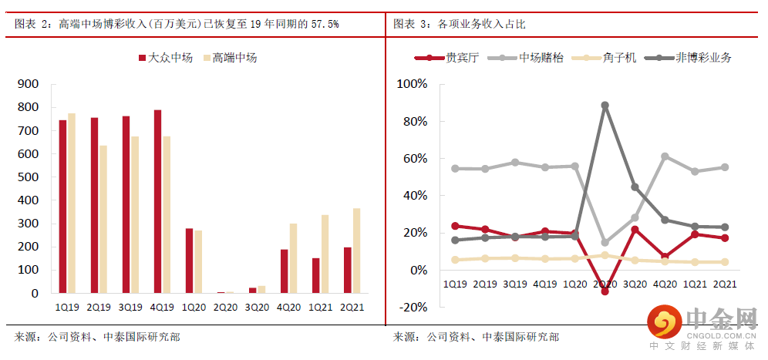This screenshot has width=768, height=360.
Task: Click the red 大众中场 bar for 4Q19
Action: click(157, 202)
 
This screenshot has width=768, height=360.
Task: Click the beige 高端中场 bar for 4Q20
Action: click(293, 258)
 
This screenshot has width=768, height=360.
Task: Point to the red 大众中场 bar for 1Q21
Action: click(315, 275)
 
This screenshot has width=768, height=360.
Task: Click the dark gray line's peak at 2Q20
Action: click(605, 105)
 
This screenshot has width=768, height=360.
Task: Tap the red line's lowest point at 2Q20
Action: click(605, 291)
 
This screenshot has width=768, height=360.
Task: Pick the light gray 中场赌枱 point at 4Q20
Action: click(665, 156)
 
